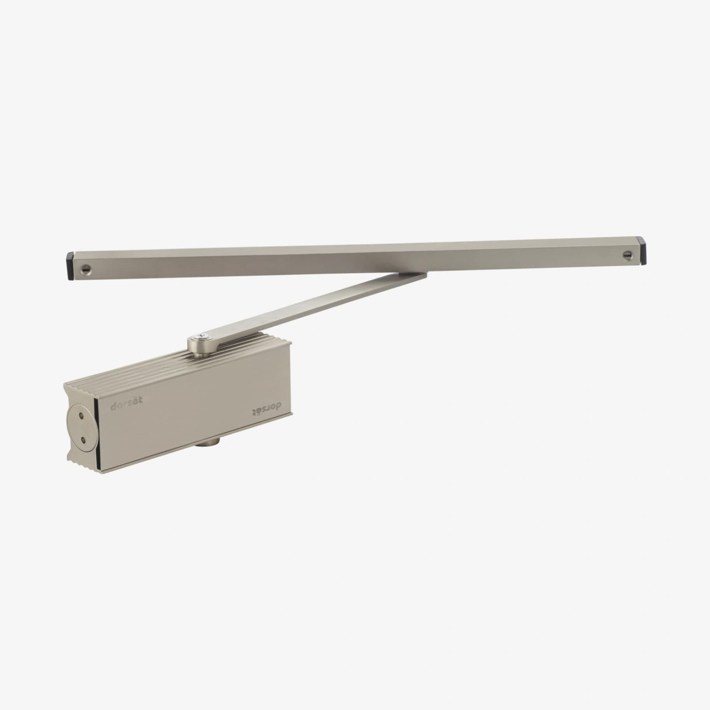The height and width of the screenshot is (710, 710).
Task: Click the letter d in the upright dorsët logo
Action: [x=113, y=406]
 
